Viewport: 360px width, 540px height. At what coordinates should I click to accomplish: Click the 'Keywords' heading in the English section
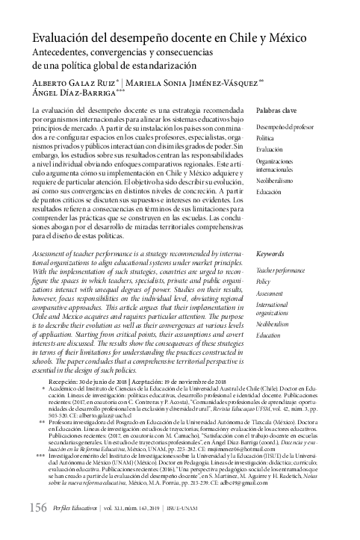click(270, 254)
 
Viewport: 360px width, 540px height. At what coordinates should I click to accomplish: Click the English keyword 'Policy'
click(263, 282)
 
